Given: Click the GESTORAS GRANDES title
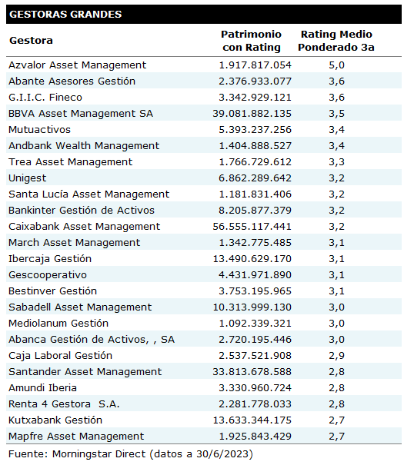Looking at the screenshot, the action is coord(65,15).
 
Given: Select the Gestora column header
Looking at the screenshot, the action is coord(31,40).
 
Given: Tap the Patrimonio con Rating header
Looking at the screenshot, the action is coord(252,41).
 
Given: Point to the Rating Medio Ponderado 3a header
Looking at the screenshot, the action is coord(336,41).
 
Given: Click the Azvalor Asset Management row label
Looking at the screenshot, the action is coord(77,65).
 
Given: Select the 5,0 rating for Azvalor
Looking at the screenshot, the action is coord(336,65).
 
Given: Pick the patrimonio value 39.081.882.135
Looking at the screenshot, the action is coord(252,114).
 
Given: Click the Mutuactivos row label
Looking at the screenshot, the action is coord(39,130).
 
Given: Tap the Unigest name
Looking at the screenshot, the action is coord(28,178).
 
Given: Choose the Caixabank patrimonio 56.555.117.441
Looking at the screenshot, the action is coord(252,227).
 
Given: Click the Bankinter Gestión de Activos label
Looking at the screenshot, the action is coord(82,211).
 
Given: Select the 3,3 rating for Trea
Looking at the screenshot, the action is coord(336,162).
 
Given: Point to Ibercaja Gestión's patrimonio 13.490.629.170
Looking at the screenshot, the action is coord(252,259).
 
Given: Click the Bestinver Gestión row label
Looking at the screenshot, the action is coord(52,291).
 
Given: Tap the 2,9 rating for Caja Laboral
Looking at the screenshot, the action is coord(336,356).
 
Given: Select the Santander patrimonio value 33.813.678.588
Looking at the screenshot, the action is coord(252,371).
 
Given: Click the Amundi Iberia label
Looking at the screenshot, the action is coord(42,388).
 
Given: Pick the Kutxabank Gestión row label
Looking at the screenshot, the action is coord(55,420).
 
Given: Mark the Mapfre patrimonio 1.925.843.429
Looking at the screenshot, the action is coord(255,437).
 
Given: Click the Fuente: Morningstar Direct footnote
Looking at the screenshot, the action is coord(131,454).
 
